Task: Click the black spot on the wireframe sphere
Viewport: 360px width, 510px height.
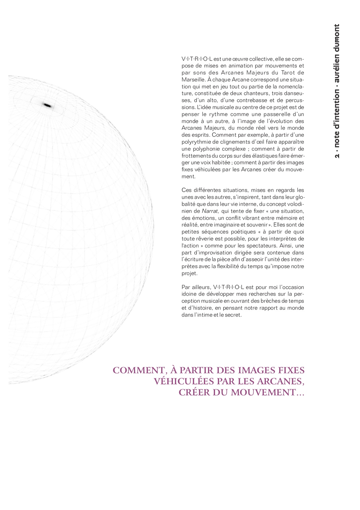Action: click(47, 105)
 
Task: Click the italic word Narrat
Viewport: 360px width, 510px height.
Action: click(209, 211)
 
